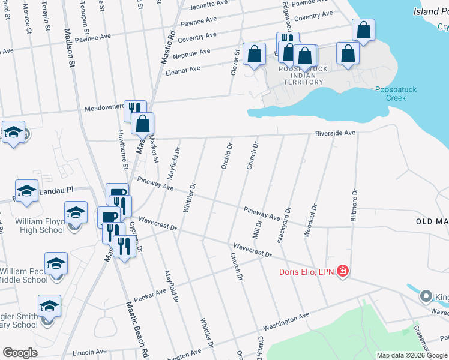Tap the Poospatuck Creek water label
tap(396, 94)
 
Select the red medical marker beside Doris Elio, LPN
tap(342, 271)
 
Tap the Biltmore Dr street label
tap(355, 205)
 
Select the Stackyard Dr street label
tap(284, 226)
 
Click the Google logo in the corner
tap(20, 352)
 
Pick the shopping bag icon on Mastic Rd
tap(143, 124)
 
